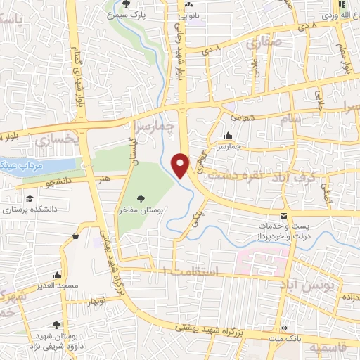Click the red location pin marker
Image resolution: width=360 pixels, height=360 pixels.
click(x=182, y=165)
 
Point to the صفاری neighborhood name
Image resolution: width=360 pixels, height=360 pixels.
click(x=262, y=44)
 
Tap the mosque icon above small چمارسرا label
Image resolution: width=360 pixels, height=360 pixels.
click(x=227, y=136)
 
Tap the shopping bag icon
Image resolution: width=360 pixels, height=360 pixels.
click(x=75, y=237)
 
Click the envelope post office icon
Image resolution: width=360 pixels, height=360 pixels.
click(x=283, y=214)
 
